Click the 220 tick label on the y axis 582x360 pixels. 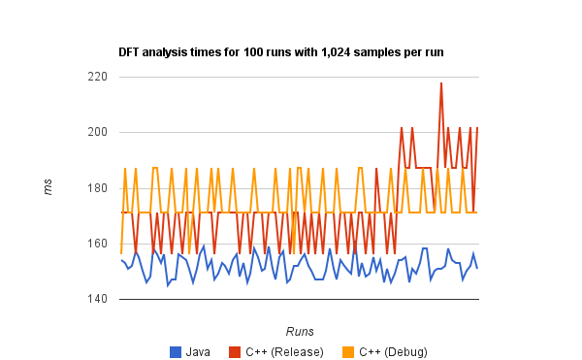pos(97,77)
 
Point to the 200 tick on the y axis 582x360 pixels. pos(97,132)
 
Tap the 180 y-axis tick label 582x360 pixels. pos(97,187)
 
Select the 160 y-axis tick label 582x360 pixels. pos(97,244)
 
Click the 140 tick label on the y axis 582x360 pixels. pos(97,299)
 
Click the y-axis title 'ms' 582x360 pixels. pos(48,187)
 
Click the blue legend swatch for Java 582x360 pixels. pos(177,351)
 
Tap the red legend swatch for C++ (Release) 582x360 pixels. pos(235,351)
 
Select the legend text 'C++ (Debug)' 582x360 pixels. pos(393,351)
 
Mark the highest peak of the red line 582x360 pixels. pos(441,83)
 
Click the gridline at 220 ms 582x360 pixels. pos(291,77)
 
